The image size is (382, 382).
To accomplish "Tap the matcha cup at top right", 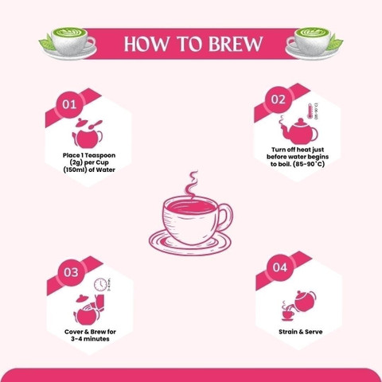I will pos(313,40).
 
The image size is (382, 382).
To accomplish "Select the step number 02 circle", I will pos(279,99).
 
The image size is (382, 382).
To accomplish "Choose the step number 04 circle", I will pos(279,268).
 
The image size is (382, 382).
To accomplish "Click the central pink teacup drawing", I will pos(192,223).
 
